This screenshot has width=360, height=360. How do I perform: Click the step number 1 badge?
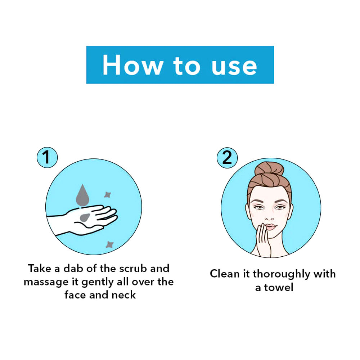pos(47,157)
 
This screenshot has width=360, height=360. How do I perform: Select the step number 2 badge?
pos(227,157)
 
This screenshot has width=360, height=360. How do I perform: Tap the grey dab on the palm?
pos(85,217)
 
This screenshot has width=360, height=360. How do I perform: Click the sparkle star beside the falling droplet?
pos(107,194)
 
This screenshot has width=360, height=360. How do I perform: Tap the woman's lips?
pos(270,227)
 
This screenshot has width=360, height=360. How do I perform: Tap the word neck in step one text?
pos(124,295)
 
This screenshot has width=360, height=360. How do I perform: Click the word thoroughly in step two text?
pos(281,274)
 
